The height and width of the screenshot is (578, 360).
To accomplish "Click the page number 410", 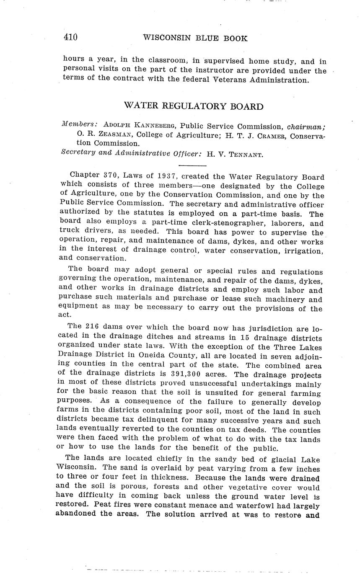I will tap(70, 38).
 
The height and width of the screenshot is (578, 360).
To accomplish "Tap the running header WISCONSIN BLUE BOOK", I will tap(195, 39).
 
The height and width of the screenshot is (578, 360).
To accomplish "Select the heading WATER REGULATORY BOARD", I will tap(194, 106).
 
